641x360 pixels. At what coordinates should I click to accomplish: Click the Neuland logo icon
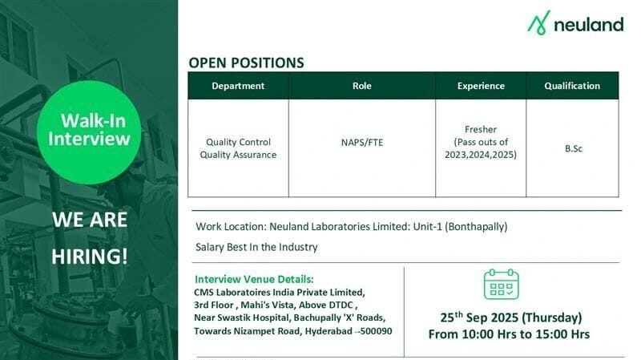click(x=539, y=23)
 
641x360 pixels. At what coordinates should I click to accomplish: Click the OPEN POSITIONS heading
click(x=246, y=62)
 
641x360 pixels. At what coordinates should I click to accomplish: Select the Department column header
click(x=238, y=86)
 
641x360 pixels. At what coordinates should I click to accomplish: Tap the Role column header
click(x=362, y=86)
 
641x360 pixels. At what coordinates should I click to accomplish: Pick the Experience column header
click(x=481, y=86)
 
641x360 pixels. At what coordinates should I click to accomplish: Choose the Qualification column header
click(x=572, y=86)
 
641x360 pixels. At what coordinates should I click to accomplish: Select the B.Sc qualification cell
click(x=572, y=148)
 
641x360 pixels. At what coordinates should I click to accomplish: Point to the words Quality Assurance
click(x=238, y=155)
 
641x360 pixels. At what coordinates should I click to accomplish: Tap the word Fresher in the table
click(x=481, y=128)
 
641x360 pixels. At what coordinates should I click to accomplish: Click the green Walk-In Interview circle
click(x=89, y=131)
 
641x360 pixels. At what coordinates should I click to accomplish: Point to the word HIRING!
click(x=89, y=257)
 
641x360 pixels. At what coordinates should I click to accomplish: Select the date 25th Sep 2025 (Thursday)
click(x=510, y=317)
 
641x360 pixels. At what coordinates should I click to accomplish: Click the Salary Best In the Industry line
click(x=256, y=247)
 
